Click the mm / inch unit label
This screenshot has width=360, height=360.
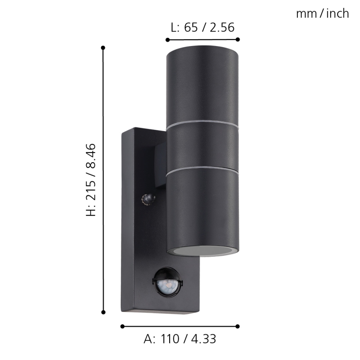(x=322, y=14)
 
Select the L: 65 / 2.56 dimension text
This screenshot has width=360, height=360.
(x=202, y=27)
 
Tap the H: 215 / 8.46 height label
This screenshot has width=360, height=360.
(x=90, y=179)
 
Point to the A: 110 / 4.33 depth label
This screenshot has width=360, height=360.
(x=180, y=339)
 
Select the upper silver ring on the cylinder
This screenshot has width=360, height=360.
(x=202, y=123)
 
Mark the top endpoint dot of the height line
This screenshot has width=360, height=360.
(x=103, y=48)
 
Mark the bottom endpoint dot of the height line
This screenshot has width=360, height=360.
(x=103, y=312)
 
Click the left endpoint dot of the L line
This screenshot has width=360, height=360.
(x=167, y=40)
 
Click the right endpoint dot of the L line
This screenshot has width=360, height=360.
(x=238, y=40)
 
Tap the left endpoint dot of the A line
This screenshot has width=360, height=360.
(x=122, y=326)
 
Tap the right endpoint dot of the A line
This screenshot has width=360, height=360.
(x=238, y=326)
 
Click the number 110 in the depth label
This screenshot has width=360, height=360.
(x=170, y=339)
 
